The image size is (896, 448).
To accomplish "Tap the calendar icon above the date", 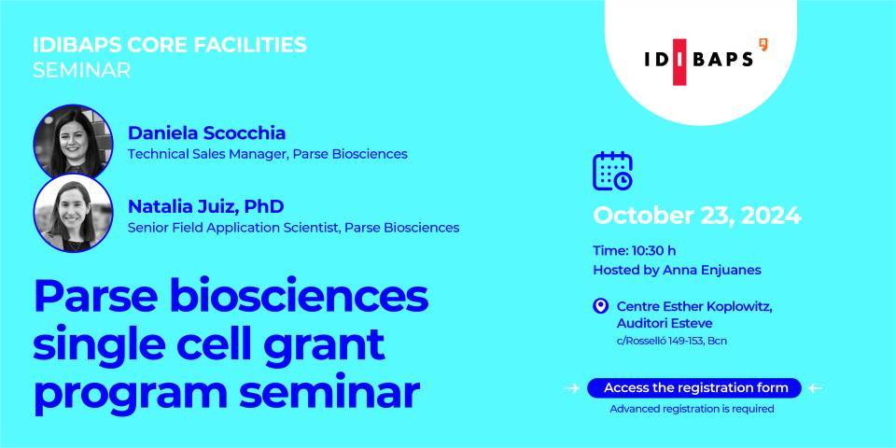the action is [612, 171].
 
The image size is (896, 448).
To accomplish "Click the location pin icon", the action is [600, 307].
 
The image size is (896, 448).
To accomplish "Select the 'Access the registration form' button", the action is [694, 388].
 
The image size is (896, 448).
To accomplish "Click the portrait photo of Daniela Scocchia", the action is [73, 142].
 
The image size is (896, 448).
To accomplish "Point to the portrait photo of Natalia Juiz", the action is [73, 213].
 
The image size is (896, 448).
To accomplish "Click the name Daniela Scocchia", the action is [206, 133].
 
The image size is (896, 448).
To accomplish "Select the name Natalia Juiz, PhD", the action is [205, 206].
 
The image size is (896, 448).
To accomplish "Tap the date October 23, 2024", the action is [697, 216].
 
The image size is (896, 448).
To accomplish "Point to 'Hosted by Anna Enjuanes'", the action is [678, 270].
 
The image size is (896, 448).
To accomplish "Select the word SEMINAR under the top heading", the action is [82, 70].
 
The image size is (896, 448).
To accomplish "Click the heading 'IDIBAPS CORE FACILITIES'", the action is [170, 45].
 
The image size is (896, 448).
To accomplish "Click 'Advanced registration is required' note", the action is [692, 409].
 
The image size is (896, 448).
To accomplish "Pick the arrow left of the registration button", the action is [571, 388].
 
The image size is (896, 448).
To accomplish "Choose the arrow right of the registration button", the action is [816, 388].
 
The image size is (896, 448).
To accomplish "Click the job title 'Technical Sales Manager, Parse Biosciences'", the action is [268, 154].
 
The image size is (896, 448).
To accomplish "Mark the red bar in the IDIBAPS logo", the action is [679, 62].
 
